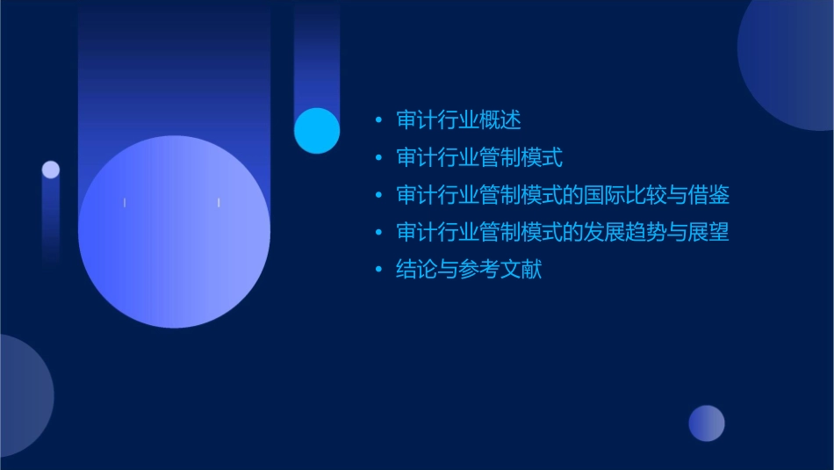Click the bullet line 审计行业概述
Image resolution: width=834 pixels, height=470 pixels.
tap(458, 120)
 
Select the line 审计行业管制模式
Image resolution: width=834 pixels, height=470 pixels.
tap(479, 158)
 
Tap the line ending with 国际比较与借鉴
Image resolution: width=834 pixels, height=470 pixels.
tap(563, 195)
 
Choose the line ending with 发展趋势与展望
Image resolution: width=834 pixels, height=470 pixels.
tap(563, 233)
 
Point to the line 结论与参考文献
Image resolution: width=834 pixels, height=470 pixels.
tap(469, 270)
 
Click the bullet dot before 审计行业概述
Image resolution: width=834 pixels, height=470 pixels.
tap(378, 120)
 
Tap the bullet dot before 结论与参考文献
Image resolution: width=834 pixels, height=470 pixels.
tap(378, 270)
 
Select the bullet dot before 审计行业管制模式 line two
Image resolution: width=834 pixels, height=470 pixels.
tap(378, 158)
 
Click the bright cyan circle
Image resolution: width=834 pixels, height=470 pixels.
tap(317, 130)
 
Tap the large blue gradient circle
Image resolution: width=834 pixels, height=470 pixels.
tap(174, 232)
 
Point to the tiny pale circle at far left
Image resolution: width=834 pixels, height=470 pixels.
tap(51, 170)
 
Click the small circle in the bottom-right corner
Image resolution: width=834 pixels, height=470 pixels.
tap(707, 423)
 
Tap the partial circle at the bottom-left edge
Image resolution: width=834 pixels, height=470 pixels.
tap(22, 395)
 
